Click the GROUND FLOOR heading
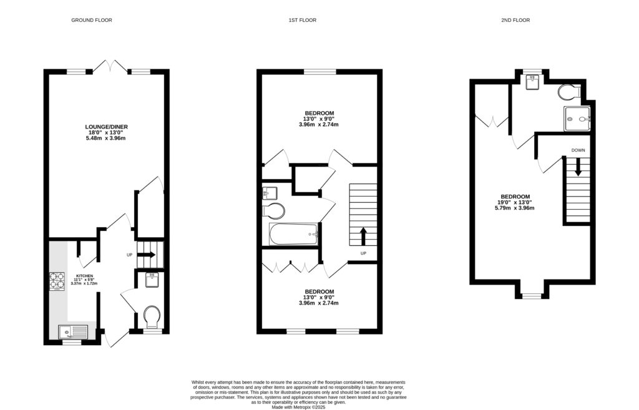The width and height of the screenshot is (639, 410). [91, 21]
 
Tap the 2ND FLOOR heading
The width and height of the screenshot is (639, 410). [515, 21]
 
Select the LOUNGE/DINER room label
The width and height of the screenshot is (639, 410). [106, 127]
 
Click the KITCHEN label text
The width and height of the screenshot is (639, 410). [84, 275]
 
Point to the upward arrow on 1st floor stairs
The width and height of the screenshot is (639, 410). [363, 237]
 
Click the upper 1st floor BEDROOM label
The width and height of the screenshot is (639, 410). [319, 112]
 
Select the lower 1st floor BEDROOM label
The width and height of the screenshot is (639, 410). [319, 291]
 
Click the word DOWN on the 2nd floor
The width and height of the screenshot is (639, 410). [578, 150]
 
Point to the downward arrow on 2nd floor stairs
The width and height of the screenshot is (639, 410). [578, 167]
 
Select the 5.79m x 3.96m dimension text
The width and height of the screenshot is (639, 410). [515, 208]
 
